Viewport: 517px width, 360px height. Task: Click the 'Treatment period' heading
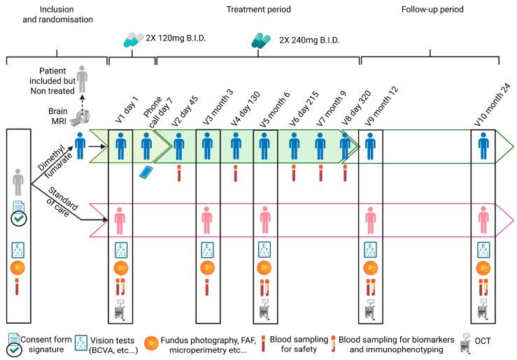[257, 10]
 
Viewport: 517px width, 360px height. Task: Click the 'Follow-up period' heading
[433, 10]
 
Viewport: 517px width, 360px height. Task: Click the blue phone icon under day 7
[146, 172]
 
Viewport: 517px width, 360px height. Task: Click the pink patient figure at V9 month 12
[371, 219]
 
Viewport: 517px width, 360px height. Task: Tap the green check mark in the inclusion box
[19, 217]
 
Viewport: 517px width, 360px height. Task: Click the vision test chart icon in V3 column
[207, 250]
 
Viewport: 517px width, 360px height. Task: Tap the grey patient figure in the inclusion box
[19, 185]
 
